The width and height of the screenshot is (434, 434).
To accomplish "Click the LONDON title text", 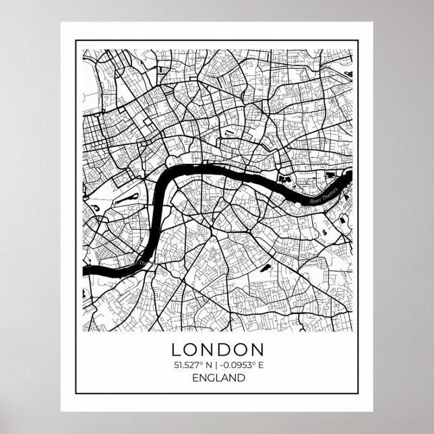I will click(216, 350).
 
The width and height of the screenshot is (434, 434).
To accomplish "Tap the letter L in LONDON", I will click(177, 350).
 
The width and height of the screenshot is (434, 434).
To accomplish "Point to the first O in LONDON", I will click(191, 350).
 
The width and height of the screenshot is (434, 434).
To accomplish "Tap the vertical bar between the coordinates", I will click(214, 365).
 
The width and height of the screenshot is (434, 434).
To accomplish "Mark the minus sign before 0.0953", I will click(218, 366).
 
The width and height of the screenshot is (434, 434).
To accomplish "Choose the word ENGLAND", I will click(216, 378).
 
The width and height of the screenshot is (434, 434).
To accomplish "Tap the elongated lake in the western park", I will click(124, 200).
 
